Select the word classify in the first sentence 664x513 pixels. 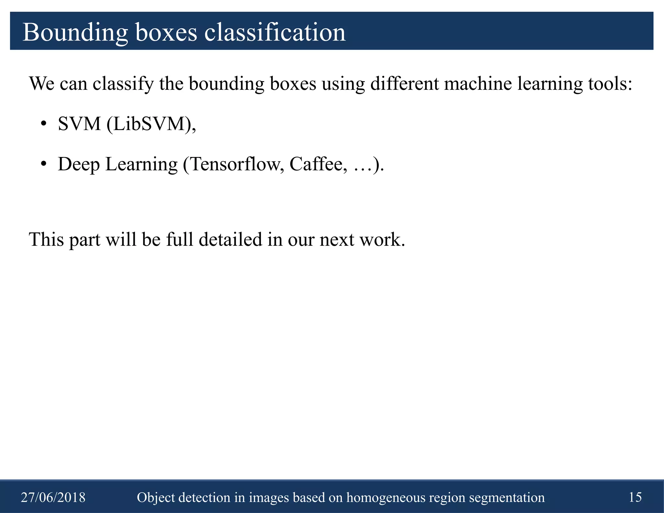[123, 84]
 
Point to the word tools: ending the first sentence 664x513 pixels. [610, 84]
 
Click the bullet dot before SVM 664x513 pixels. [44, 124]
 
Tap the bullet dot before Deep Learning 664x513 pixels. [44, 164]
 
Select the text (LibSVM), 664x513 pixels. [151, 124]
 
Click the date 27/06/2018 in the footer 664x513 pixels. [53, 497]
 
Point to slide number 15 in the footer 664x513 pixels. [635, 497]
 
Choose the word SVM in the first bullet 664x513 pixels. [79, 124]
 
